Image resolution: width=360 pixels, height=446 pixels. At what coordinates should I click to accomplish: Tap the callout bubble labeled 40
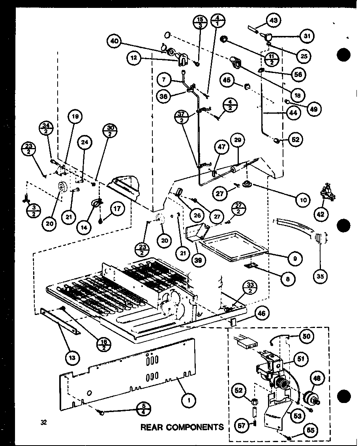pos(114,41)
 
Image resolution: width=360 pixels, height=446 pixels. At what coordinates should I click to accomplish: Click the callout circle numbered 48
pos(319,378)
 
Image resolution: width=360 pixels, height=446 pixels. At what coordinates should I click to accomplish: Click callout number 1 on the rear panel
pos(190,401)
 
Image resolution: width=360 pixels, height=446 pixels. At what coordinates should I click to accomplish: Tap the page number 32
pos(43,422)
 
